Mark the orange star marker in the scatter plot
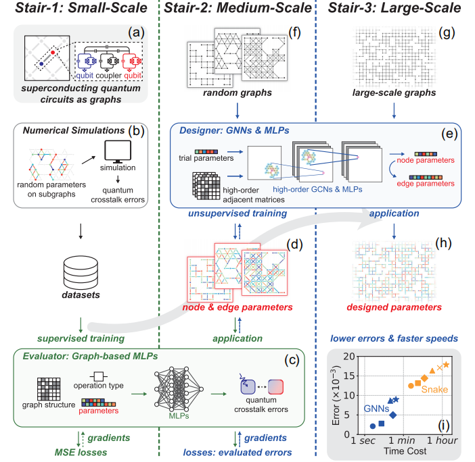pyautogui.click(x=446, y=365)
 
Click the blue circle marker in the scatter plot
pyautogui.click(x=372, y=426)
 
